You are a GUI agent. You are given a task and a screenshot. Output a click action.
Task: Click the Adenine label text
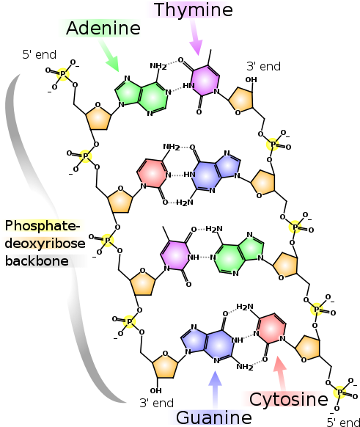pos(103,28)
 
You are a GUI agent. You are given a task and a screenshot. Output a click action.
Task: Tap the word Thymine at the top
pos(193,10)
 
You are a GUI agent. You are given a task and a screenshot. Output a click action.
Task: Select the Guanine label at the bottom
pos(214,417)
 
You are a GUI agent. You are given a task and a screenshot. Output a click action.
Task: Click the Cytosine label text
pos(288,400)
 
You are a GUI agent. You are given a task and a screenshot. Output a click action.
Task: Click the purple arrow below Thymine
pos(196,37)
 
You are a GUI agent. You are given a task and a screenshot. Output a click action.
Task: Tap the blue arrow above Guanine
pos(215,390)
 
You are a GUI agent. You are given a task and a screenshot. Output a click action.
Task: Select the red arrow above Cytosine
pos(281,373)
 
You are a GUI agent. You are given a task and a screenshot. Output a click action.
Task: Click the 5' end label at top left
pos(39,55)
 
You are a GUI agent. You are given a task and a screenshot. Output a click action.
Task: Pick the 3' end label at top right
pos(263,67)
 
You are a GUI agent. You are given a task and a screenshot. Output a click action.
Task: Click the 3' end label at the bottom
pos(156,403)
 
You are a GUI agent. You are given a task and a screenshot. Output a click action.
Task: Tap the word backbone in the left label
pos(37,261)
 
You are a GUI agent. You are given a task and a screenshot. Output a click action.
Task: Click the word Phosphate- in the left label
pos(43,226)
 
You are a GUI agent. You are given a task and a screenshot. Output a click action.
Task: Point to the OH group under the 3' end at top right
pos(251,80)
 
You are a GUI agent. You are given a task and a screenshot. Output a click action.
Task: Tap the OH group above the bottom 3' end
pos(155,391)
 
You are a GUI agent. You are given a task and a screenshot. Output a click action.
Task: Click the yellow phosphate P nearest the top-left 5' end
pos(63,74)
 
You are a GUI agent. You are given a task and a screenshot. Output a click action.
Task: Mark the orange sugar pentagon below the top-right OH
pos(241,99)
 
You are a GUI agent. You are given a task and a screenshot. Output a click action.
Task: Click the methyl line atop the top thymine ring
pos(210,57)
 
